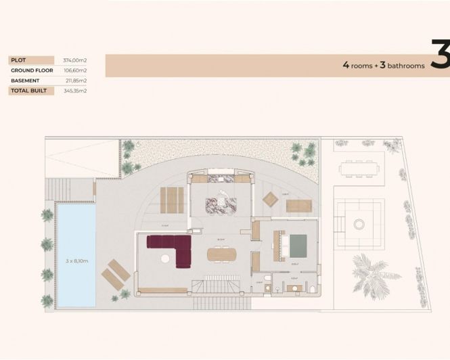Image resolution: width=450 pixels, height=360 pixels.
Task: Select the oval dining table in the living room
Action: [x=222, y=254]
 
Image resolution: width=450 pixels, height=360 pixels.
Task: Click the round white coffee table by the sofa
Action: [x=165, y=257]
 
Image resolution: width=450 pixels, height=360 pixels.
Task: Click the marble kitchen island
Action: [x=219, y=202]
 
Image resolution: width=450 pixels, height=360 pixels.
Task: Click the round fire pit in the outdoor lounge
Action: [x=359, y=223]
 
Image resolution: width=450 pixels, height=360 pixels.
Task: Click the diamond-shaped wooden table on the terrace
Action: [x=270, y=198]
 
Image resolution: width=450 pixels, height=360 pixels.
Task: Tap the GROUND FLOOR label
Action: [x=32, y=70]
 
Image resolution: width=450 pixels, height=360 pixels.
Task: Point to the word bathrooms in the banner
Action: [x=403, y=66]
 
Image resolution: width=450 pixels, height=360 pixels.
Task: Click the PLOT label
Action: [x=18, y=60]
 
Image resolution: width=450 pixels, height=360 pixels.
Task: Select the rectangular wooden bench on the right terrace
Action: [x=297, y=205]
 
